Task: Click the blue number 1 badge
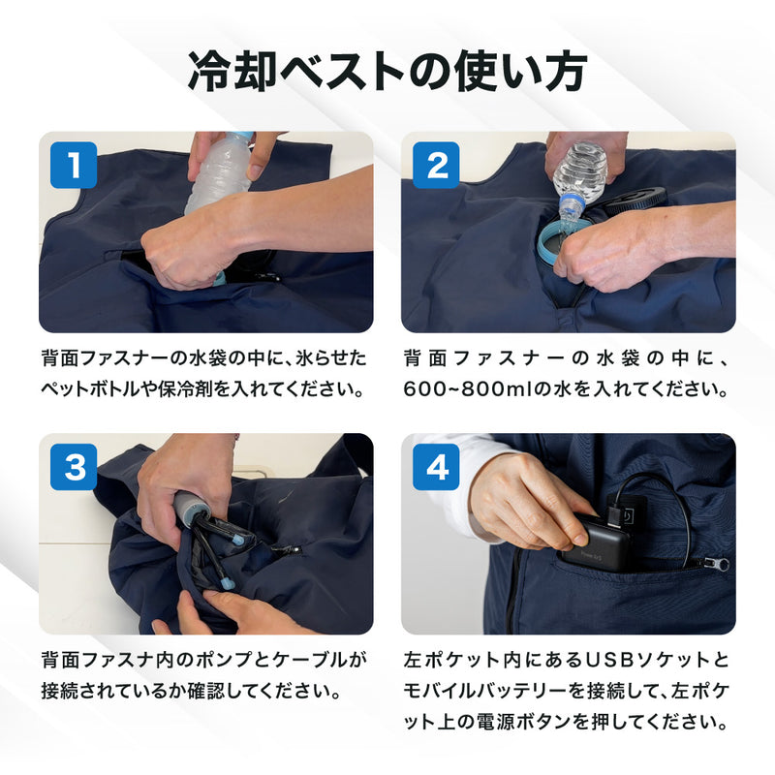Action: [x=74, y=165]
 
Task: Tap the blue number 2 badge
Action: [x=436, y=165]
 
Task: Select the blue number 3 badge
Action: [x=74, y=467]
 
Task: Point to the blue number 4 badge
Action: [x=436, y=467]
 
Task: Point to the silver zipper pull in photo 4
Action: [x=716, y=563]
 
